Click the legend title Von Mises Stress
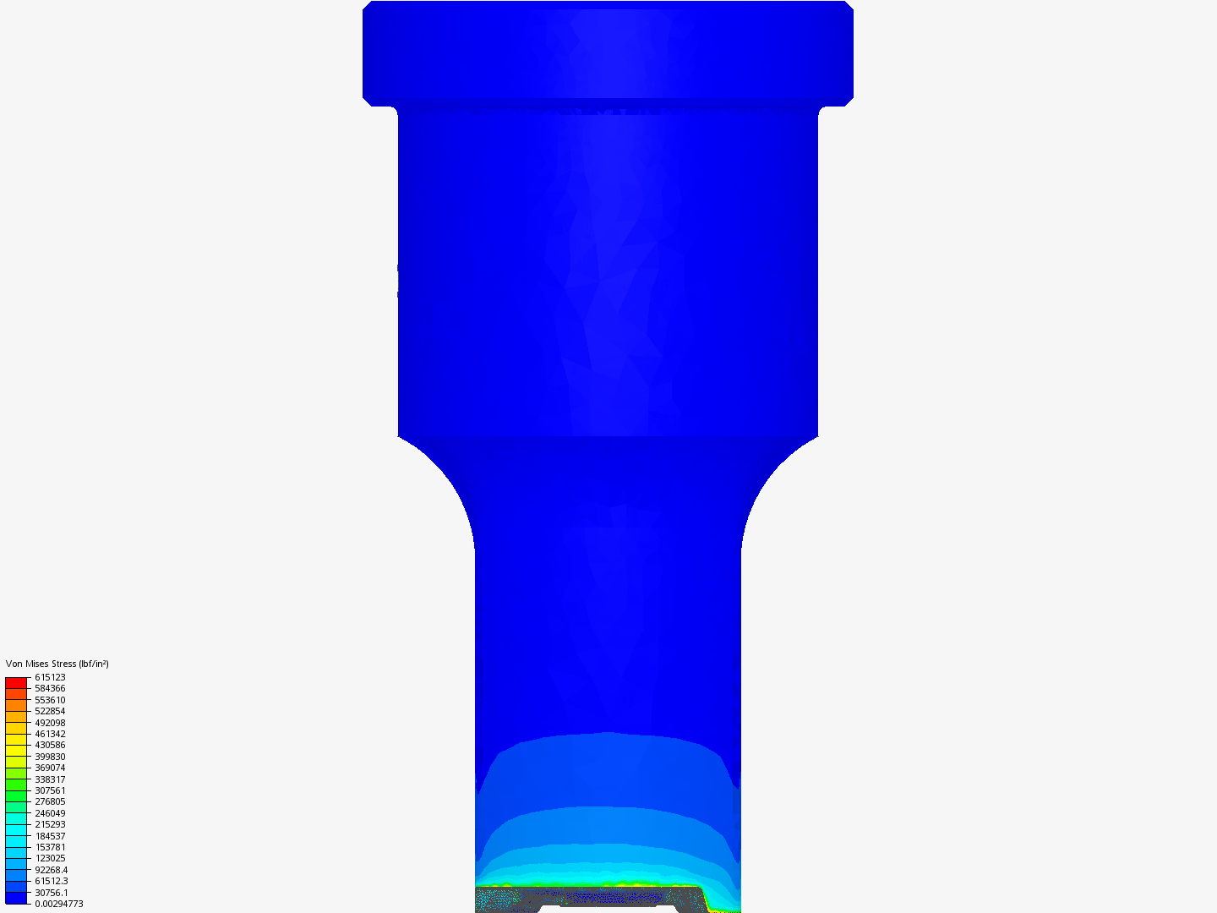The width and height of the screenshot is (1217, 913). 57,664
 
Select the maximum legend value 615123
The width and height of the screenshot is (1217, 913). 50,677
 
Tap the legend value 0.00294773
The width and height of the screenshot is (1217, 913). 58,904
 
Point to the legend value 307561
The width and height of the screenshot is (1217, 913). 50,790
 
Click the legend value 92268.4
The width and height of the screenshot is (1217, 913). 51,870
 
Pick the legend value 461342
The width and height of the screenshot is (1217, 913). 50,734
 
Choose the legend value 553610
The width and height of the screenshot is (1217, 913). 50,700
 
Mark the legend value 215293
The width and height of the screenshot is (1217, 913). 50,824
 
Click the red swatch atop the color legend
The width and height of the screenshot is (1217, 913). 16,682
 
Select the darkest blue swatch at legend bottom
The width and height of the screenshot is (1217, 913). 16,898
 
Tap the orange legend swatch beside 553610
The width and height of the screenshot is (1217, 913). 16,705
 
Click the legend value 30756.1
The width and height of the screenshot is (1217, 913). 51,893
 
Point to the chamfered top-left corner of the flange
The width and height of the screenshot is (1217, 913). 368,6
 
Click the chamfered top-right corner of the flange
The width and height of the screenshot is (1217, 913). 849,6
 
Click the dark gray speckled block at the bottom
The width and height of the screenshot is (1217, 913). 592,898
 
